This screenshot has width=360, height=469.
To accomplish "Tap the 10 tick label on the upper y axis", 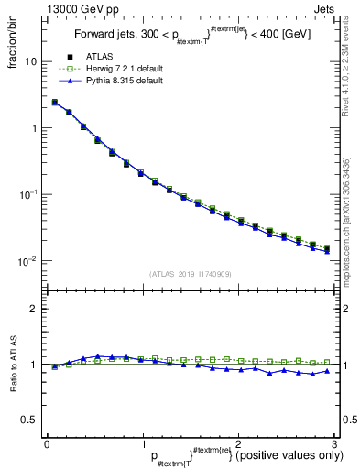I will (x=30, y=62).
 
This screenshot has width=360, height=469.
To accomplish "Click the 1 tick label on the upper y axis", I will (x=33, y=128).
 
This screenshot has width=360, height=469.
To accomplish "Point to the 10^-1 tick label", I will (x=28, y=194).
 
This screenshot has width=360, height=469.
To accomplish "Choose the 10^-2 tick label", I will (x=28, y=261).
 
